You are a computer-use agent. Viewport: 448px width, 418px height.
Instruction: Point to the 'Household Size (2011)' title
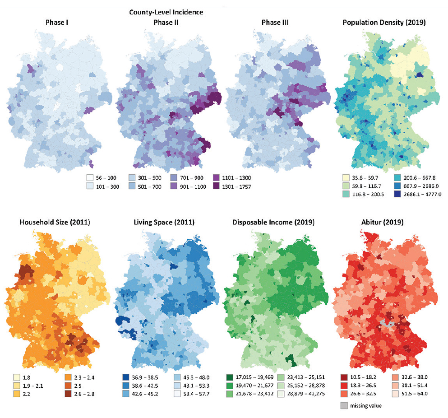(54, 222)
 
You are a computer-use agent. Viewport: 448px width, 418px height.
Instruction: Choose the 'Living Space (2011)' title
(165, 222)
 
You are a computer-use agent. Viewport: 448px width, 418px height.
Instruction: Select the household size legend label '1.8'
(26, 376)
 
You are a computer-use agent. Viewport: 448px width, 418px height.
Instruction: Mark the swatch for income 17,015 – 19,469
(230, 376)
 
